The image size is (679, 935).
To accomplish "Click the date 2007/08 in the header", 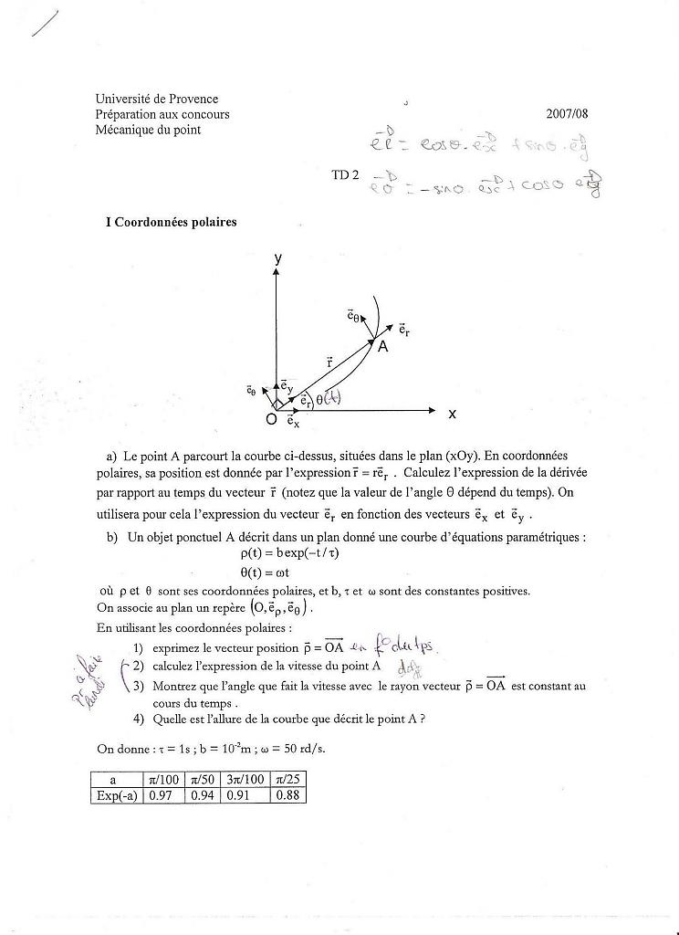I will click(x=567, y=114).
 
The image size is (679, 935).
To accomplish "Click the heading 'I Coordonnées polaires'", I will click(x=172, y=222).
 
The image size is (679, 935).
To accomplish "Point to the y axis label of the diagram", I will click(x=277, y=259).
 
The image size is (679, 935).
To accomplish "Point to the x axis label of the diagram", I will click(x=452, y=414).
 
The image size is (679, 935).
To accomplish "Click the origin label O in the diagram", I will click(x=270, y=419).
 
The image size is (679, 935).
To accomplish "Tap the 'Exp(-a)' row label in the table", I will click(x=117, y=795).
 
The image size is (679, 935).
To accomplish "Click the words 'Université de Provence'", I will click(x=156, y=99).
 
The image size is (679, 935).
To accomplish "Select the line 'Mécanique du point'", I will click(x=148, y=130).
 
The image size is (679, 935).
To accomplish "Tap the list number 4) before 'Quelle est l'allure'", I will click(x=138, y=719).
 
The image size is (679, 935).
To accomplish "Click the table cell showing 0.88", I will click(x=287, y=795).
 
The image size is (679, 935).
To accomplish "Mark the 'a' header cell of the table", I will click(x=117, y=780).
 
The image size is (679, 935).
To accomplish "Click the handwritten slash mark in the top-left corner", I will click(x=44, y=23).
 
